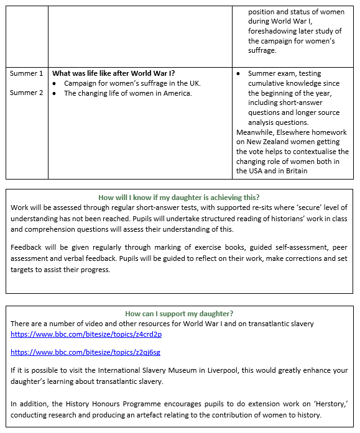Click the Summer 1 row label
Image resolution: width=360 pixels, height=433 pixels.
click(x=26, y=73)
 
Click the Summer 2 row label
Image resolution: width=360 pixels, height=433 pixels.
click(x=26, y=93)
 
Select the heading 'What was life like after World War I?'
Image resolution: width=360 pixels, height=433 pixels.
click(x=113, y=73)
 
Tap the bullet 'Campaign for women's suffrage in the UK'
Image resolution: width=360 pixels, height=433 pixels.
click(x=132, y=83)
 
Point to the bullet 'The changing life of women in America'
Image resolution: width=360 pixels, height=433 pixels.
click(x=127, y=93)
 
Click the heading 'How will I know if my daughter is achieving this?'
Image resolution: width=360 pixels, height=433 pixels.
click(x=179, y=198)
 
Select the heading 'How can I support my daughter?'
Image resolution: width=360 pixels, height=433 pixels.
click(x=179, y=314)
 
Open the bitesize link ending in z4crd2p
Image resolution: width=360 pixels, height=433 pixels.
click(x=86, y=334)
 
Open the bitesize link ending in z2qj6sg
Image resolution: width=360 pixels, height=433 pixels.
click(x=85, y=352)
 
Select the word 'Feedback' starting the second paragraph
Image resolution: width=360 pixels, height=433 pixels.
click(x=28, y=248)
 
